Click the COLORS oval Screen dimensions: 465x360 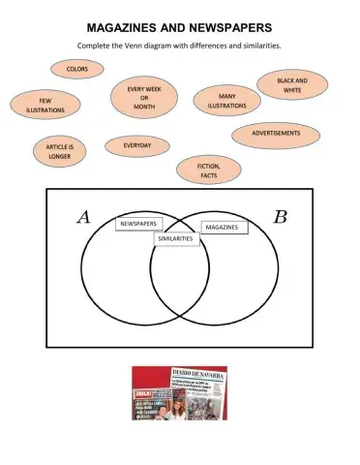77,69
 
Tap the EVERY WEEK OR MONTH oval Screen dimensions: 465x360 143,99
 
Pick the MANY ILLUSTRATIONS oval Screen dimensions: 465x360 226,101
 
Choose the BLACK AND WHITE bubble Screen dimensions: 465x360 291,85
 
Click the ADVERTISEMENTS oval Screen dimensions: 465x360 276,134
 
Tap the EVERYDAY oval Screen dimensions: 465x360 136,146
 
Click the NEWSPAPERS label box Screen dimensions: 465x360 138,224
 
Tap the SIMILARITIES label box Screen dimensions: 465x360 175,238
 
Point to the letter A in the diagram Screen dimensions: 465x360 84,217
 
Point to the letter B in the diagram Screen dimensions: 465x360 280,217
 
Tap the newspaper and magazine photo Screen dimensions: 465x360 179,392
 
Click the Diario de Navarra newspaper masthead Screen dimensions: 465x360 199,374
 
